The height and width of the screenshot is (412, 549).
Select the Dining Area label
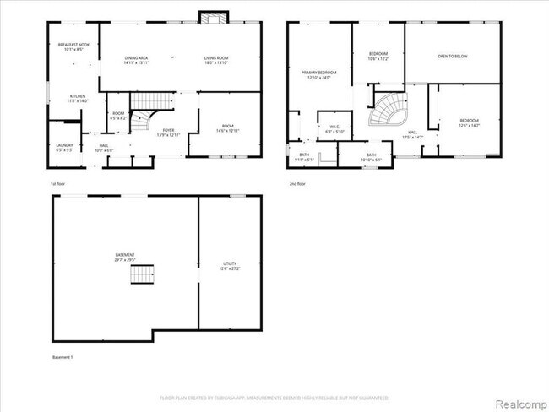[136, 60]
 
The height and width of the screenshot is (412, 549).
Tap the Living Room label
[216, 60]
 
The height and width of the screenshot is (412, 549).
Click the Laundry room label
[64, 147]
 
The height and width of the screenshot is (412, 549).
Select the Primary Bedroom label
[319, 76]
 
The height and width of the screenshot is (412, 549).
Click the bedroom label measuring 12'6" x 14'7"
[469, 123]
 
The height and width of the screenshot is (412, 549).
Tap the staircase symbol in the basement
[142, 274]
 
